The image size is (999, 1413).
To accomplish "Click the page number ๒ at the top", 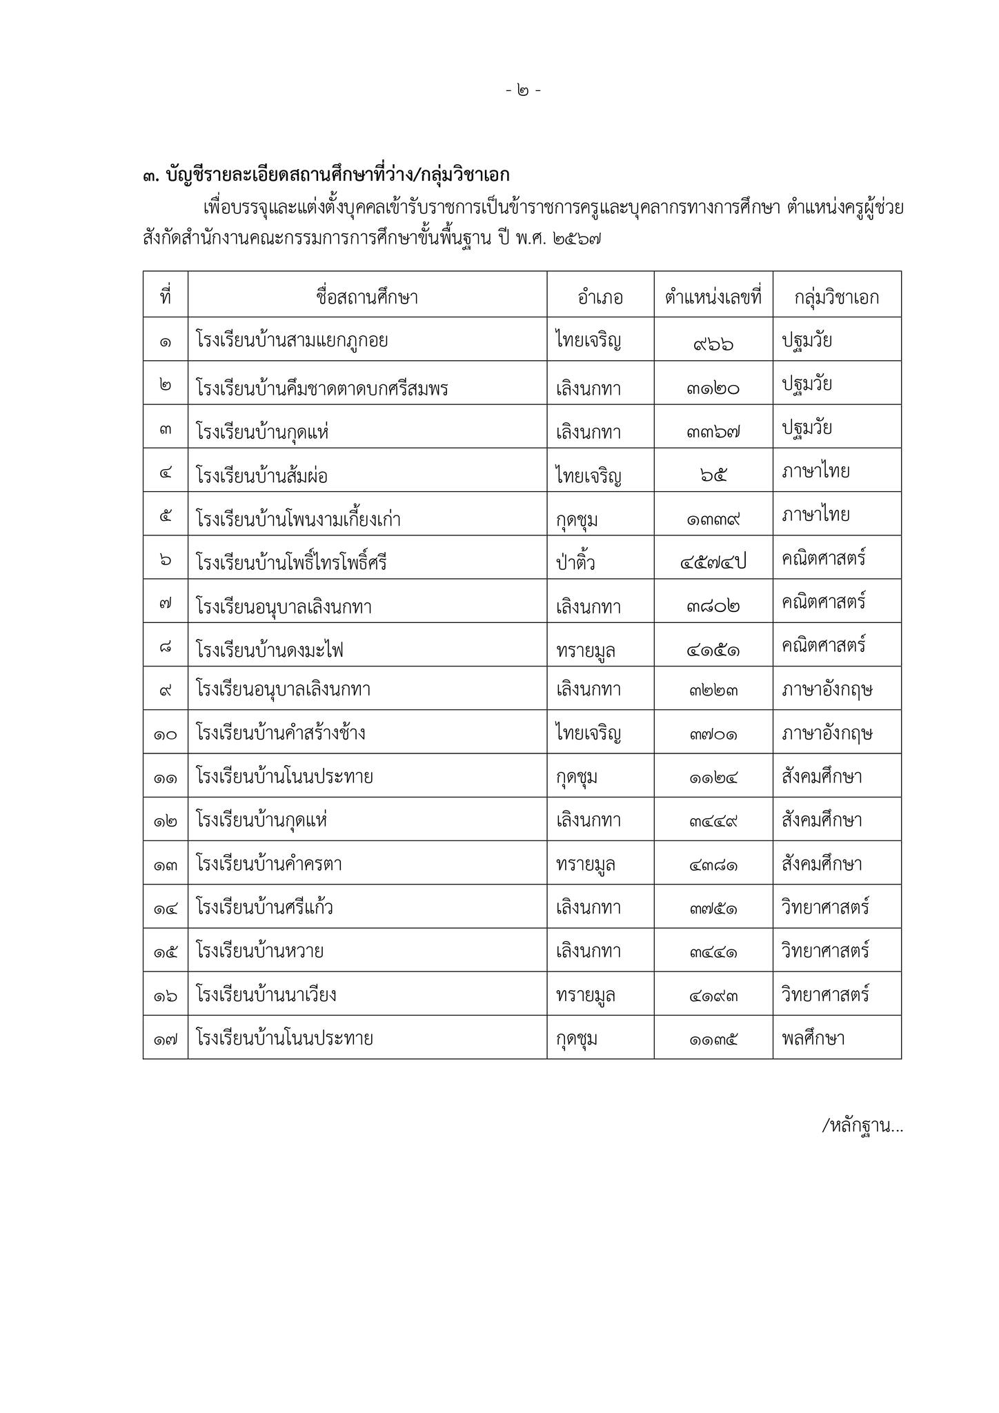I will pyautogui.click(x=523, y=90).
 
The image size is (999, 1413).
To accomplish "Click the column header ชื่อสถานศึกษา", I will pyautogui.click(x=367, y=297).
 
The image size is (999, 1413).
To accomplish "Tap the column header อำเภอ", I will pyautogui.click(x=600, y=297).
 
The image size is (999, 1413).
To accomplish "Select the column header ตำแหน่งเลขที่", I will pyautogui.click(x=713, y=297).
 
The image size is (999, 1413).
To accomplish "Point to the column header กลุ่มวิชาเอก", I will pyautogui.click(x=837, y=297).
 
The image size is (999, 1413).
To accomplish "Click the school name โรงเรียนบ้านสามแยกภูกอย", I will pyautogui.click(x=292, y=341).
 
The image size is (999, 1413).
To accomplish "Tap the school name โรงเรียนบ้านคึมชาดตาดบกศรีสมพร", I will pyautogui.click(x=322, y=388).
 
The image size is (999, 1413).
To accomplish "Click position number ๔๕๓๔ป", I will pyautogui.click(x=713, y=563).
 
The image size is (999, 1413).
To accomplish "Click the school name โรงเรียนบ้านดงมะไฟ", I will pyautogui.click(x=270, y=650).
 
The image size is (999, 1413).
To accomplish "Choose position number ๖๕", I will pyautogui.click(x=713, y=475).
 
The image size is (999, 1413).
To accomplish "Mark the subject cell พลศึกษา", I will pyautogui.click(x=813, y=1038).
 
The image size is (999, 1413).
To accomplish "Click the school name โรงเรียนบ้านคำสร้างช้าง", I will pyautogui.click(x=281, y=733).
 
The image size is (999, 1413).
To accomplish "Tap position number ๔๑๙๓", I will pyautogui.click(x=713, y=996).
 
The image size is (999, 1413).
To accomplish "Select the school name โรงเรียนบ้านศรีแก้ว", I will pyautogui.click(x=265, y=907).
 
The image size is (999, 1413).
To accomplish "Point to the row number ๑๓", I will pyautogui.click(x=166, y=864).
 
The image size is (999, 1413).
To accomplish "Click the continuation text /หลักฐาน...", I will pyautogui.click(x=862, y=1126).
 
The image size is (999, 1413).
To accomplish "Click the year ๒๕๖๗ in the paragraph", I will pyautogui.click(x=577, y=239).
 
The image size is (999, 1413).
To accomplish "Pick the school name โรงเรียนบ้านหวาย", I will pyautogui.click(x=260, y=951).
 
